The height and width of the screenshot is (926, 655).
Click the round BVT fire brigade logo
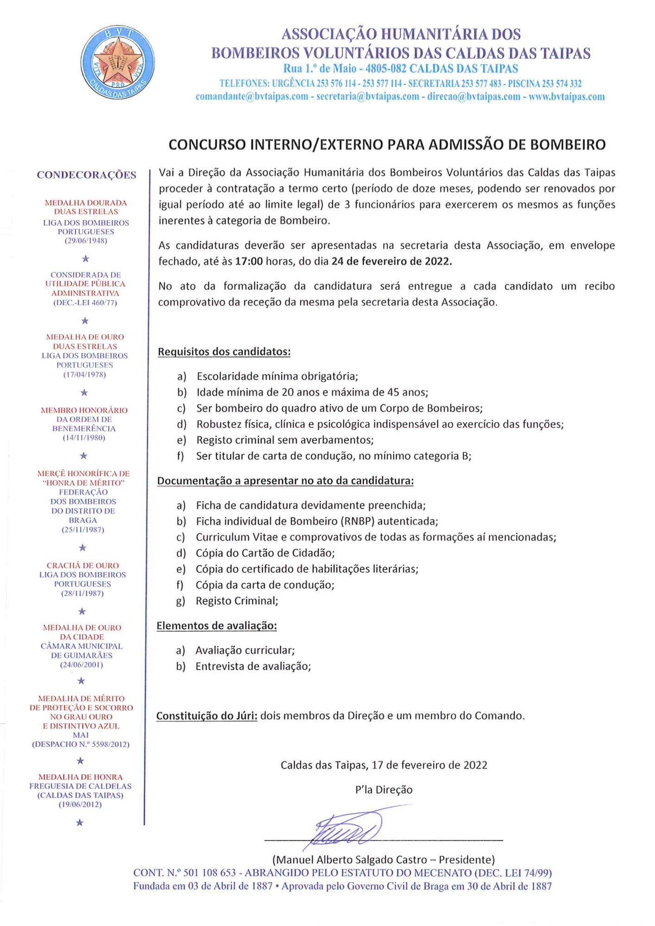click(117, 62)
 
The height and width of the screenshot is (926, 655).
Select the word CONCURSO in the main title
click(207, 145)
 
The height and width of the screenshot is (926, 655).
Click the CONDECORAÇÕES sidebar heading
click(87, 175)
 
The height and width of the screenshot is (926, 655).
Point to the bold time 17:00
click(249, 261)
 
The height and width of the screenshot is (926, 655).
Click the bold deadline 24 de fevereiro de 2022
click(391, 261)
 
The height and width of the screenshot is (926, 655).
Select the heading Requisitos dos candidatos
click(224, 352)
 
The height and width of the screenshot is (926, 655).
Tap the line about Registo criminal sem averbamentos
click(285, 440)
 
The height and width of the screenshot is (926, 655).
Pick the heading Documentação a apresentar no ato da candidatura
click(285, 481)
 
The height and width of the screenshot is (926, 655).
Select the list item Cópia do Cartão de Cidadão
click(265, 553)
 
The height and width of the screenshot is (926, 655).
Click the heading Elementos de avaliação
click(216, 626)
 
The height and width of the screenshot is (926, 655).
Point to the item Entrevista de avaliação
click(253, 666)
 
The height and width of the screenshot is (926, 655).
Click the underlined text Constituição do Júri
click(207, 716)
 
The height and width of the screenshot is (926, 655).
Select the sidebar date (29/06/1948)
click(86, 241)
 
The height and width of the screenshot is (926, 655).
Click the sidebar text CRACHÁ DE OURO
click(82, 565)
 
